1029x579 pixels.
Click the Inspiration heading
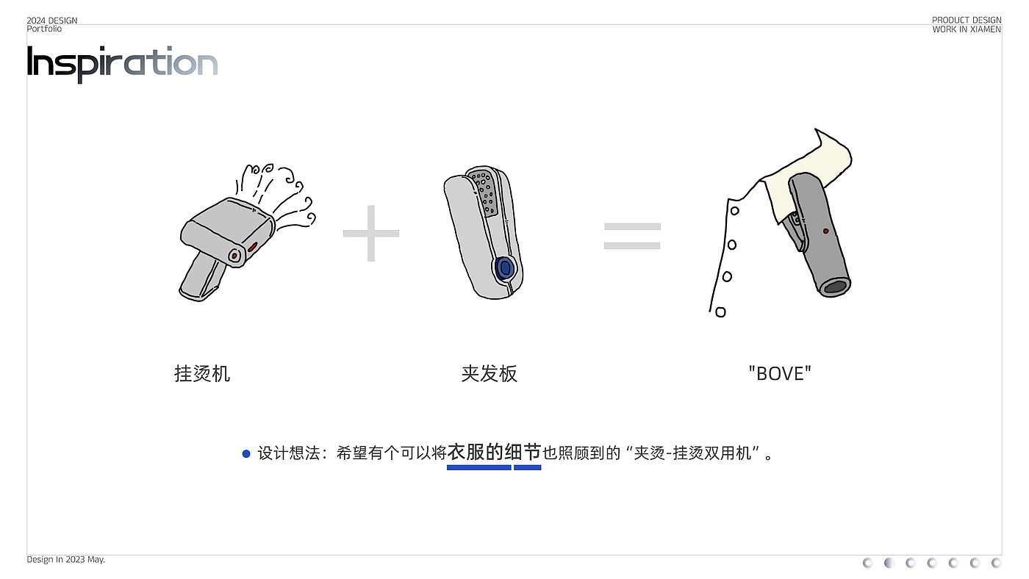[122, 63]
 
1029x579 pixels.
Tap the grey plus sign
[371, 233]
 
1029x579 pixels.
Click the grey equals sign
[632, 236]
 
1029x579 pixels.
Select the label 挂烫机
[202, 373]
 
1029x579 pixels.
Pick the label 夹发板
[490, 373]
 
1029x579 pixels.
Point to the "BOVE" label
[780, 373]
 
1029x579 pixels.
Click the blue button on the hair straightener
[504, 267]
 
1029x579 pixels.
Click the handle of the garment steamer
[201, 276]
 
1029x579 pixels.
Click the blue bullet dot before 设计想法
[246, 454]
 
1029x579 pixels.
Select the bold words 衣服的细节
[494, 452]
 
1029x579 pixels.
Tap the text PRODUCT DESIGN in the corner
[967, 21]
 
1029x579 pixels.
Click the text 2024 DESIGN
[52, 21]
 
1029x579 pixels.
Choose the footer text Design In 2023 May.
[66, 560]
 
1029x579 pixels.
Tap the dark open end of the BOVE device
[835, 287]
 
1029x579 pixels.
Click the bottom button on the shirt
[720, 312]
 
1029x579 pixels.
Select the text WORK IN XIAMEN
[967, 29]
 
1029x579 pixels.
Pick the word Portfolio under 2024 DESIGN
[44, 29]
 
